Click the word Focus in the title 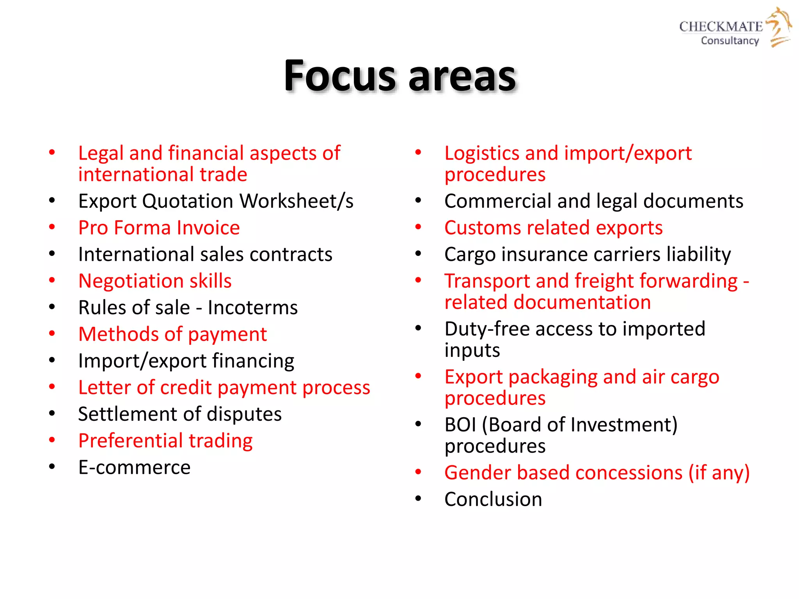click(x=339, y=76)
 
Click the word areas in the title click(x=462, y=77)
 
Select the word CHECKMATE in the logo click(x=721, y=27)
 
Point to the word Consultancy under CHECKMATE click(x=730, y=41)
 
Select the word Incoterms click(x=252, y=308)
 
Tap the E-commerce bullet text click(x=134, y=467)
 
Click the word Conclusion click(x=493, y=499)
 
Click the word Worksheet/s click(x=297, y=201)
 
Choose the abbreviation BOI click(x=460, y=425)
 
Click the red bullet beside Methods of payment click(x=52, y=334)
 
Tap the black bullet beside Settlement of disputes click(x=52, y=414)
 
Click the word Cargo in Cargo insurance click(x=470, y=255)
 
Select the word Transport click(x=487, y=281)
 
